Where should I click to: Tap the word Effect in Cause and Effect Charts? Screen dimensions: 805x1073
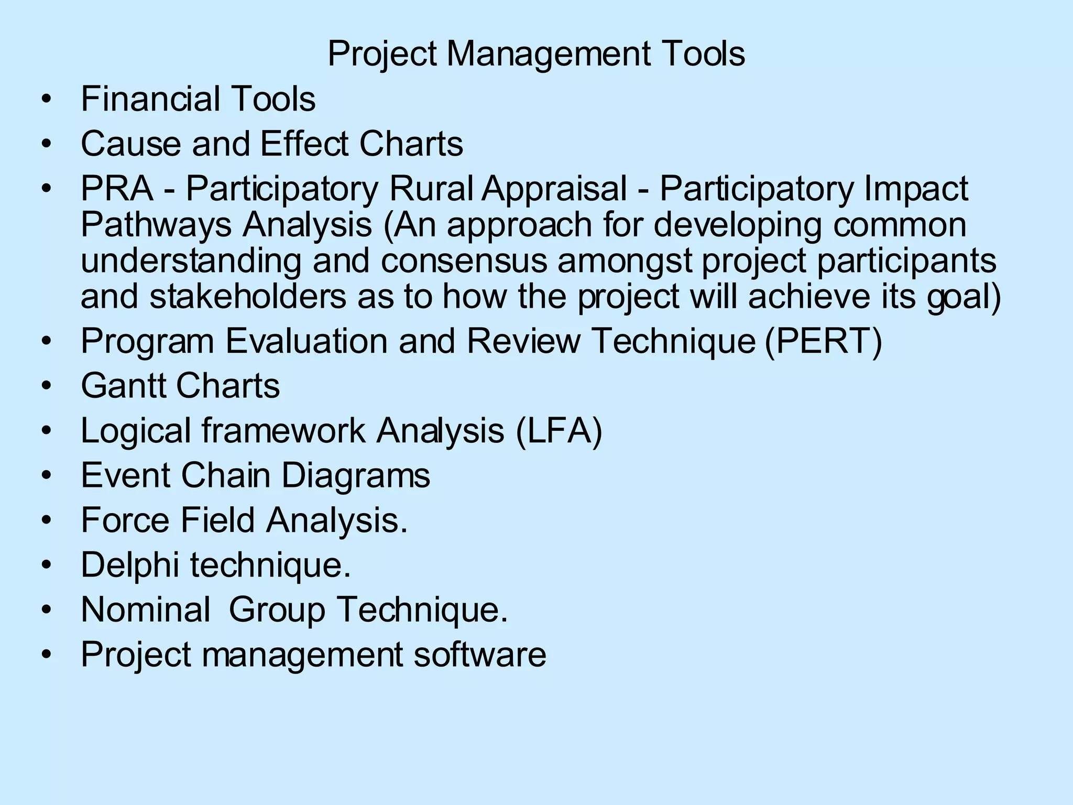(304, 144)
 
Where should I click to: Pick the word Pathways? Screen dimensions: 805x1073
(156, 225)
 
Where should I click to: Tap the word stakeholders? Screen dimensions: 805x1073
(248, 297)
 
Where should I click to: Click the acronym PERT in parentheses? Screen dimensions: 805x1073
(823, 341)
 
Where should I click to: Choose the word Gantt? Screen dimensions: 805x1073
(124, 386)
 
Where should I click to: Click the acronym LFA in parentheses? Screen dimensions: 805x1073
(559, 431)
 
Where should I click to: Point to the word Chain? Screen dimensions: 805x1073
(225, 475)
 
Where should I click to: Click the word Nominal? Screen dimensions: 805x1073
(146, 610)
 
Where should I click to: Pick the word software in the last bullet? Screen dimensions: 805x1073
(479, 655)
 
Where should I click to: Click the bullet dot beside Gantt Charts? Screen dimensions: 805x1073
(47, 386)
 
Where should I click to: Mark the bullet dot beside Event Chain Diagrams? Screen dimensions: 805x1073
(47, 476)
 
